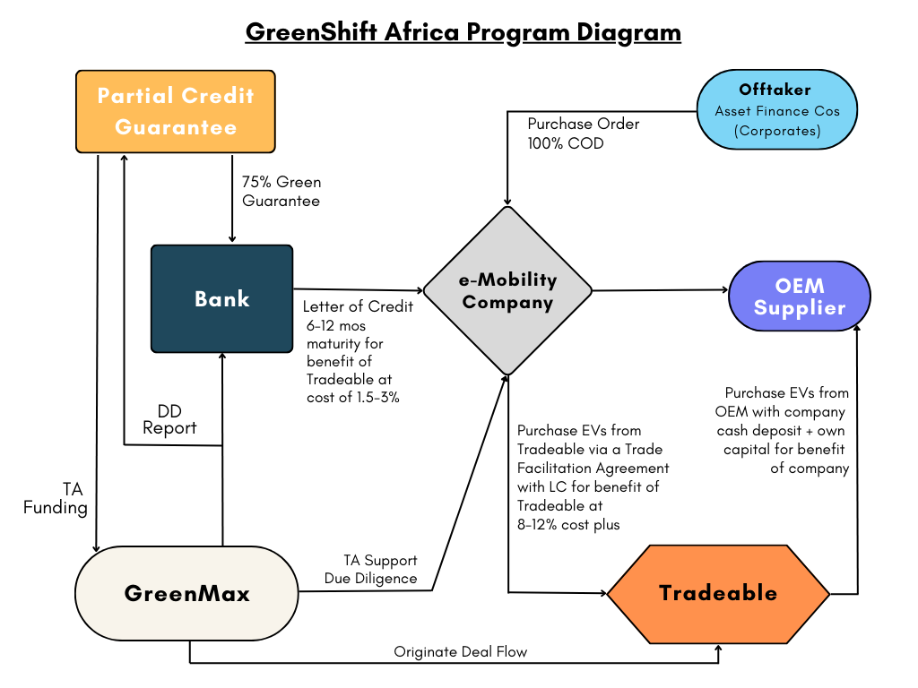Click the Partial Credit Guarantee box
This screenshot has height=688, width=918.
click(176, 111)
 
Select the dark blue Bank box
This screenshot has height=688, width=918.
click(221, 298)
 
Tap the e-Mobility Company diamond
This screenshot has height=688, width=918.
click(507, 290)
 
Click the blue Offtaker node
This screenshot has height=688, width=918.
click(775, 110)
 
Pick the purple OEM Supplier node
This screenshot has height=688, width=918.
click(800, 297)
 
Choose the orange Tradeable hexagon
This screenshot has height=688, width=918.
click(718, 593)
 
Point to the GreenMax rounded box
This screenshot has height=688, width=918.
click(186, 593)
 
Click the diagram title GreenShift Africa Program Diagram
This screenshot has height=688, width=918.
click(463, 32)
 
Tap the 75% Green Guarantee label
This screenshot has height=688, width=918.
click(281, 191)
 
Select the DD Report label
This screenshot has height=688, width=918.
click(169, 418)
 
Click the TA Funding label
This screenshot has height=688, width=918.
click(56, 499)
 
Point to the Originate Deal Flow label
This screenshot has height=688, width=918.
click(461, 652)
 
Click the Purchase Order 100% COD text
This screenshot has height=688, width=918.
click(583, 133)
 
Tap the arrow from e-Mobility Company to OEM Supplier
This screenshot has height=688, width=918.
click(660, 290)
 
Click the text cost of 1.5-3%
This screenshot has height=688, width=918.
click(353, 398)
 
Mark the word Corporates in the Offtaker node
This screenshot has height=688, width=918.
click(775, 130)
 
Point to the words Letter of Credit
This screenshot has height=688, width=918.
click(358, 306)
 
